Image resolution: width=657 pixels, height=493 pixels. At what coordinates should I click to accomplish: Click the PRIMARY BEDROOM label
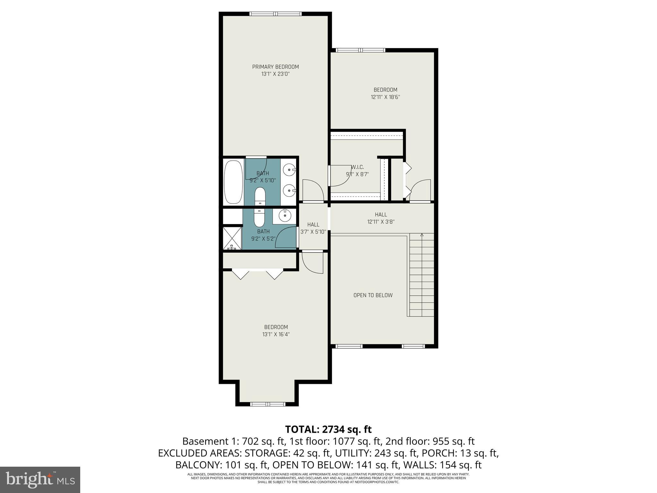click(275, 67)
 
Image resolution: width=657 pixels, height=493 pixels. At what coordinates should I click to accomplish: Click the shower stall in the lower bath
click(233, 238)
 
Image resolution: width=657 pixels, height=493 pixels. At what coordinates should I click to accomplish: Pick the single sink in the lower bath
click(284, 215)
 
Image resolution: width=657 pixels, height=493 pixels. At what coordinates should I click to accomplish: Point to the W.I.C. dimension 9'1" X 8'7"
click(357, 175)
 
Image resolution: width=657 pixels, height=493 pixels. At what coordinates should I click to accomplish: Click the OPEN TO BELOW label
click(373, 295)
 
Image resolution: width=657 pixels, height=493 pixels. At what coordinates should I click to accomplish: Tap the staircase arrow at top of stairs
click(422, 235)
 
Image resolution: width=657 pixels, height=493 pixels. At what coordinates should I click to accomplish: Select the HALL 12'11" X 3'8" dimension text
click(381, 221)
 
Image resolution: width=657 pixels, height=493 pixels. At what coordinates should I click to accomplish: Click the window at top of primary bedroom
click(275, 14)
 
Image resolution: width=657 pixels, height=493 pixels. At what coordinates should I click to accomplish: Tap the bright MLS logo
click(40, 480)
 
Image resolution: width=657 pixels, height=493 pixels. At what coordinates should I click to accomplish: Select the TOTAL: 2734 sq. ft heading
click(328, 429)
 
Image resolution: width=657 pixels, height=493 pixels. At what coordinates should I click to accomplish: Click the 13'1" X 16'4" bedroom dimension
click(276, 334)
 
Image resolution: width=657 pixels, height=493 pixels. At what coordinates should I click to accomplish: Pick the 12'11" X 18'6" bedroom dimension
click(385, 97)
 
